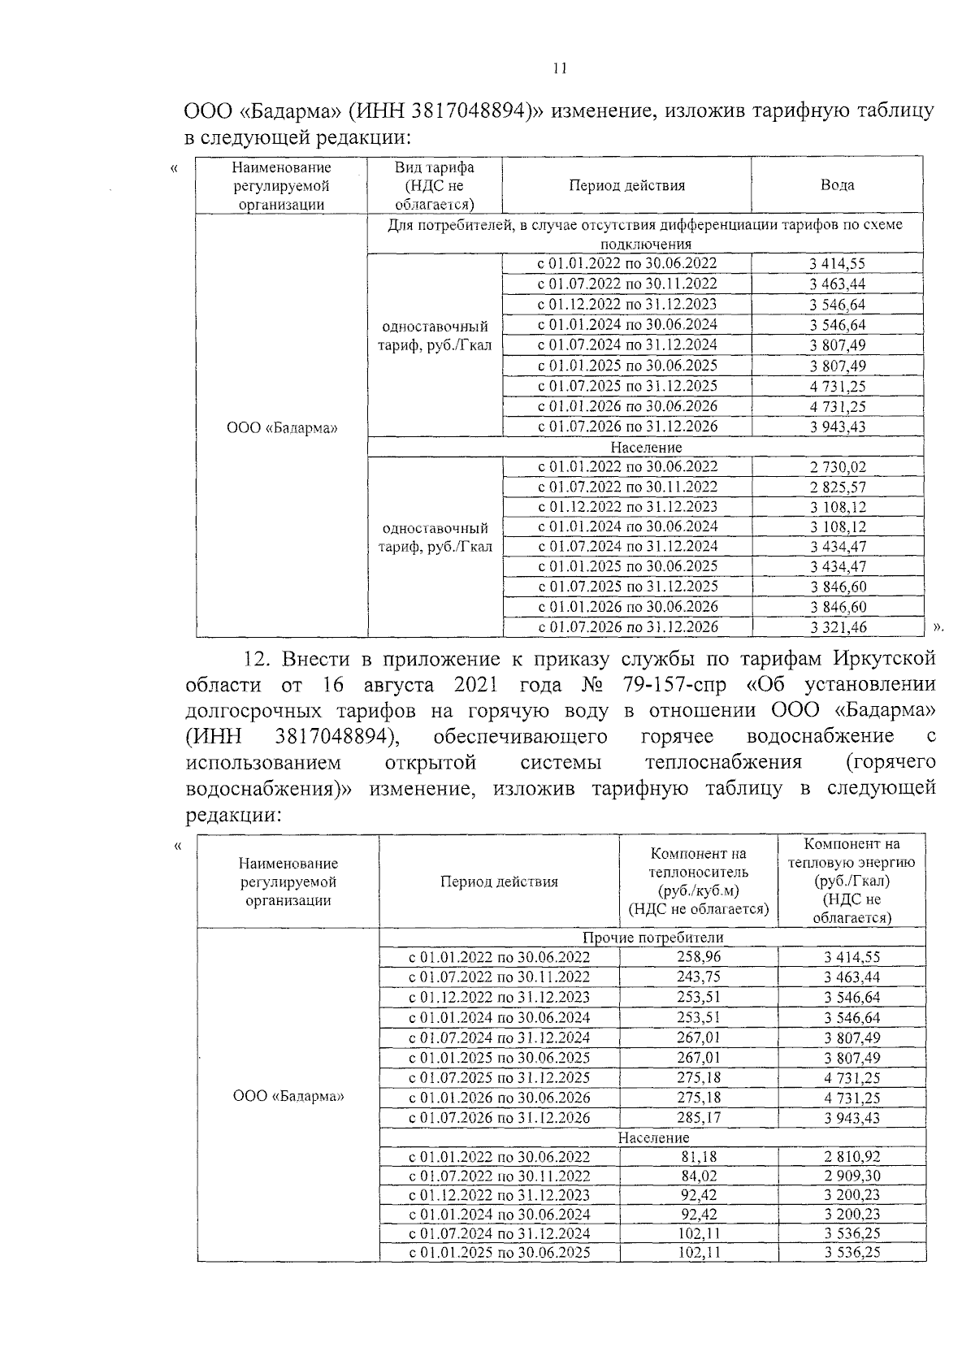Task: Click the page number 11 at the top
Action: click(559, 69)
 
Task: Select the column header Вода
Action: click(837, 185)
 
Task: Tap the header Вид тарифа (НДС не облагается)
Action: click(435, 185)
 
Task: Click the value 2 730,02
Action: click(837, 467)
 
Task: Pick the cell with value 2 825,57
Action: click(837, 487)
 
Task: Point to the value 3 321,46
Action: click(837, 627)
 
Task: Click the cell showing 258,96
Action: click(699, 957)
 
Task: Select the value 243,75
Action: click(699, 977)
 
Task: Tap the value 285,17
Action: click(699, 1118)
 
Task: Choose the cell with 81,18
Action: click(699, 1157)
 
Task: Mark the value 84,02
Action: click(699, 1176)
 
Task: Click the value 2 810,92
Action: click(851, 1157)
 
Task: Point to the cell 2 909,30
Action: click(851, 1176)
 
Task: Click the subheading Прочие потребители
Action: click(653, 938)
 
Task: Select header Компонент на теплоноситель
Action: click(699, 882)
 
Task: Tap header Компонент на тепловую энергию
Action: click(851, 881)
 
